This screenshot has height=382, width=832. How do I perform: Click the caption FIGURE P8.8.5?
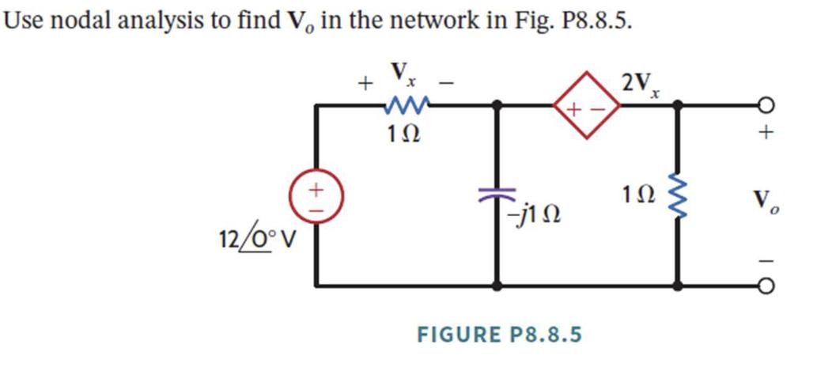499,335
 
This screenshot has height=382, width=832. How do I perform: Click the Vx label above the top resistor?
403,76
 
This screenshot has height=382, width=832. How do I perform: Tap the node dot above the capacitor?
497,104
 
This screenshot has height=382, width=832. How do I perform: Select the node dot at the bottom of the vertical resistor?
678,284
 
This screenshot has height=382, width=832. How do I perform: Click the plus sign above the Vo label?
764,136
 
